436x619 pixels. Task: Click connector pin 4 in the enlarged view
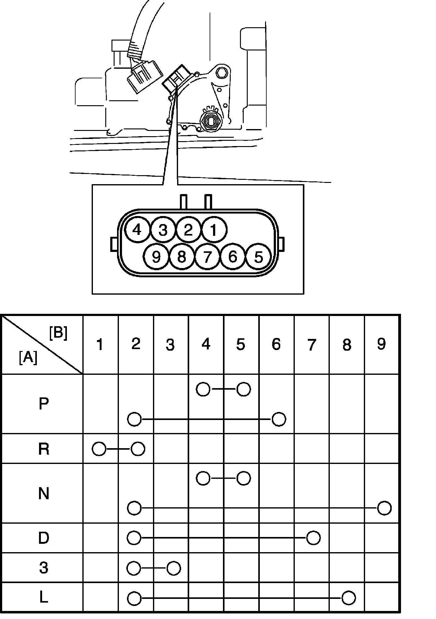[x=137, y=230]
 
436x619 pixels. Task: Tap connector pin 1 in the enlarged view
[x=214, y=230]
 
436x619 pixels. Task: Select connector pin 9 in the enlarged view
[x=156, y=257]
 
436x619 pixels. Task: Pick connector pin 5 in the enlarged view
[x=258, y=257]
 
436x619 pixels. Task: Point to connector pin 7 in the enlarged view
[x=207, y=257]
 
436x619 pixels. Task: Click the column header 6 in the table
[x=276, y=344]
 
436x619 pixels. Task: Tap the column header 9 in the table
[x=381, y=344]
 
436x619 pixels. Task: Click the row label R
[x=44, y=449]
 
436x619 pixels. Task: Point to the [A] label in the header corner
[x=28, y=358]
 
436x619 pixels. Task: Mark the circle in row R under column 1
[x=99, y=449]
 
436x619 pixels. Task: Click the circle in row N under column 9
[x=385, y=508]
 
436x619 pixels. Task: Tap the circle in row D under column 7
[x=313, y=538]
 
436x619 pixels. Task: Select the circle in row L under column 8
[x=349, y=598]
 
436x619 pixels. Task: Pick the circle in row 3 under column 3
[x=174, y=568]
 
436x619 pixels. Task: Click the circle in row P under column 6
[x=279, y=419]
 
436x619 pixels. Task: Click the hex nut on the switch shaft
[x=211, y=121]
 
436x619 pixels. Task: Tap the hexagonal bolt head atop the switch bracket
[x=222, y=73]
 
